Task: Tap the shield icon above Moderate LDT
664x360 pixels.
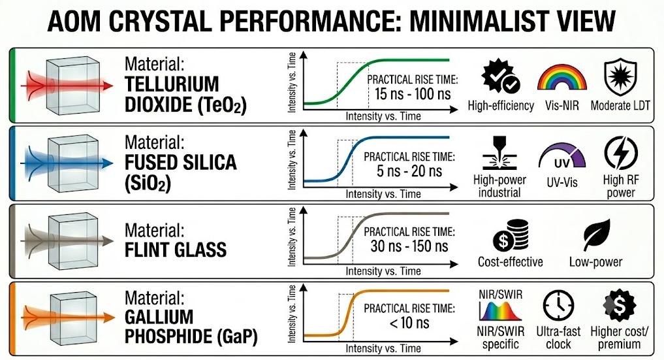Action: (620, 76)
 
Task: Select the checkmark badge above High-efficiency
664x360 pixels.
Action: (501, 76)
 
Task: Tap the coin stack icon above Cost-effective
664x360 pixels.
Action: (511, 235)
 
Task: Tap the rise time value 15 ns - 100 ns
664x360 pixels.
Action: (413, 93)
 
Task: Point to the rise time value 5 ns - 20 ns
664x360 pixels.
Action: (409, 171)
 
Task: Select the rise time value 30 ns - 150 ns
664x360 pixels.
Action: (409, 246)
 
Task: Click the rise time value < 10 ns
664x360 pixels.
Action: (409, 323)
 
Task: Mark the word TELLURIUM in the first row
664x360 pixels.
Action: (172, 84)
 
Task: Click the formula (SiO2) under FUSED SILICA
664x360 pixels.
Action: (148, 184)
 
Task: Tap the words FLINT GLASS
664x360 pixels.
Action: (176, 250)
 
